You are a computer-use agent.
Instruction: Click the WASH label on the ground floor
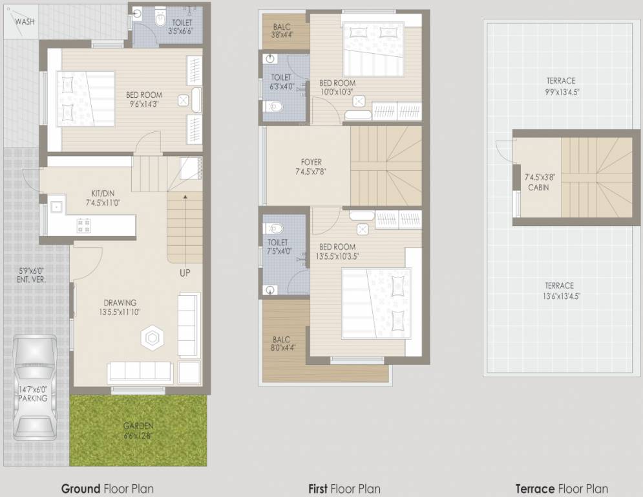click(x=25, y=21)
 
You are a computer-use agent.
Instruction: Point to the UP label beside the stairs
click(x=185, y=273)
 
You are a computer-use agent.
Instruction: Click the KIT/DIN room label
click(x=103, y=197)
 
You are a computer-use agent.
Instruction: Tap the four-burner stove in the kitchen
click(x=84, y=225)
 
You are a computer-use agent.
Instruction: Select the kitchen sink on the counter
click(x=56, y=207)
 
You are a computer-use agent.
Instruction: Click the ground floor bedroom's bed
click(x=85, y=98)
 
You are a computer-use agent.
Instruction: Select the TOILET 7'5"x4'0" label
click(x=278, y=247)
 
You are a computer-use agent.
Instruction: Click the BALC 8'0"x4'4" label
click(x=282, y=344)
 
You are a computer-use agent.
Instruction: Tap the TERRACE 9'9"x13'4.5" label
click(x=560, y=86)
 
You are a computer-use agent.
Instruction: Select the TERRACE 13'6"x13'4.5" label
click(x=559, y=291)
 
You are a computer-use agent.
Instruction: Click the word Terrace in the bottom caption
click(x=534, y=489)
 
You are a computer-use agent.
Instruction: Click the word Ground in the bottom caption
click(x=80, y=489)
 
